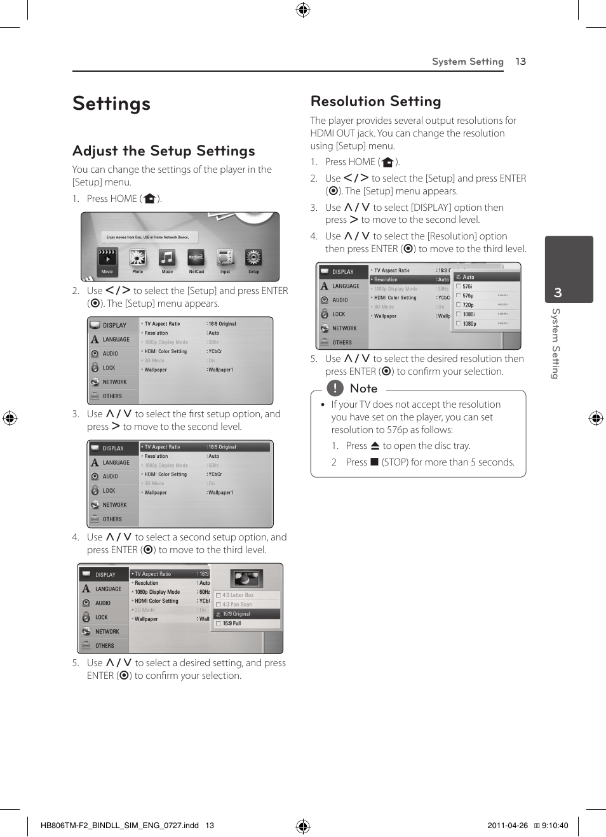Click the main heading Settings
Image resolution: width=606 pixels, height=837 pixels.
click(112, 104)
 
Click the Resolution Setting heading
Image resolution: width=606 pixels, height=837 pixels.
click(375, 102)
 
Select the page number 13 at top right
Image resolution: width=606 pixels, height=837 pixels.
click(520, 62)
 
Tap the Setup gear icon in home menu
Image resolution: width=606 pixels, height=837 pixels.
click(253, 257)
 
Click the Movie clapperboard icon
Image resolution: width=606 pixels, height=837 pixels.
click(107, 257)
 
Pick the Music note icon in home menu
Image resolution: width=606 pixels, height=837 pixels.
click(166, 257)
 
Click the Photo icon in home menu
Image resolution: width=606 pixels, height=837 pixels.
click(137, 257)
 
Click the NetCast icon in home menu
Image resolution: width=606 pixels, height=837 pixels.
click(196, 257)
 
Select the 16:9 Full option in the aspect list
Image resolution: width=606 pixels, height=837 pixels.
click(232, 624)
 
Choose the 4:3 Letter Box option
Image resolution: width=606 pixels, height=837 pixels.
click(238, 595)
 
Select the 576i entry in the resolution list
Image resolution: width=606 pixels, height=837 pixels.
click(467, 286)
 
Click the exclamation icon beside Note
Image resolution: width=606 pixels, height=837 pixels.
click(335, 388)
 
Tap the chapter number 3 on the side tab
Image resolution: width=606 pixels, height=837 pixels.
click(558, 293)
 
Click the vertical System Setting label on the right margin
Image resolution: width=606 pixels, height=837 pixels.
click(555, 343)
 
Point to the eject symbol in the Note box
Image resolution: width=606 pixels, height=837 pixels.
click(375, 446)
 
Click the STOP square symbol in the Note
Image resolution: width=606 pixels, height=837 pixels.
click(375, 462)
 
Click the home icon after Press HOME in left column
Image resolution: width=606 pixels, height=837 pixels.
click(149, 199)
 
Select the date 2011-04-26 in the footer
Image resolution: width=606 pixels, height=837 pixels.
click(507, 826)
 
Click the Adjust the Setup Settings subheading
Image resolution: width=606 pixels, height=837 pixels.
click(164, 151)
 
